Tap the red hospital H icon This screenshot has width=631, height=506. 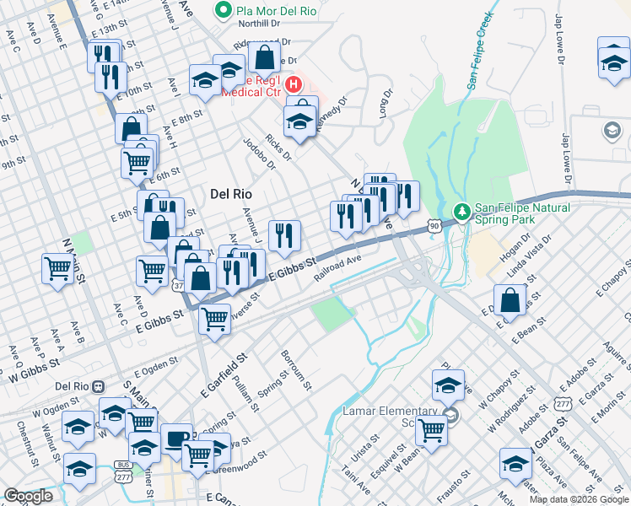[x=294, y=85]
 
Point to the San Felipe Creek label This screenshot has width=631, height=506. [x=478, y=51]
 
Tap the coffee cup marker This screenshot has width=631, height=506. [x=176, y=438]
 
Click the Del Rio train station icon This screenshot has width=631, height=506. [x=99, y=386]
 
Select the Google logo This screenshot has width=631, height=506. [x=29, y=496]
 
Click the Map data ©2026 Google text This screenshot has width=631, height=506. [x=579, y=499]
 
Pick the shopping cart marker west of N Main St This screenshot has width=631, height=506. [x=57, y=269]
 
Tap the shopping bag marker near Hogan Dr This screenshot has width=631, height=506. [x=511, y=299]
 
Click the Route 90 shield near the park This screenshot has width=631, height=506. [x=434, y=226]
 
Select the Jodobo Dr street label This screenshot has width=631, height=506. [x=259, y=153]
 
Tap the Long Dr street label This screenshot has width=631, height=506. [x=386, y=103]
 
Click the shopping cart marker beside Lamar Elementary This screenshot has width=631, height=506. [x=432, y=428]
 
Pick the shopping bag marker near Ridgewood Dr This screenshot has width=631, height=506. [x=265, y=58]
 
